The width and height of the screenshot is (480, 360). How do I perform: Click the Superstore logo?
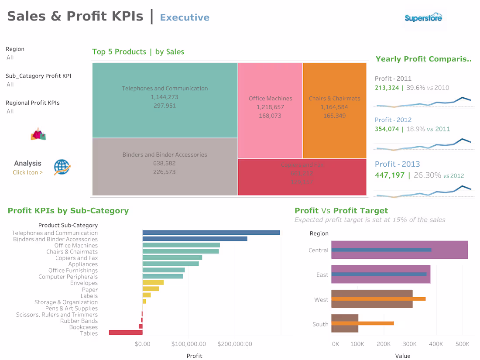click(x=423, y=18)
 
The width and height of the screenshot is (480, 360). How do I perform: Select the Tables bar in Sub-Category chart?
click(x=126, y=333)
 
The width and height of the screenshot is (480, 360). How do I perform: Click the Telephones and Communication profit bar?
click(x=211, y=233)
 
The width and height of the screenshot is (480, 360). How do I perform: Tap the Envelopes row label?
click(x=84, y=283)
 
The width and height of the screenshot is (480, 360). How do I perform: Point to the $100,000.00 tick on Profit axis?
click(x=189, y=344)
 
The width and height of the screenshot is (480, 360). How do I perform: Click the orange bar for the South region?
click(x=363, y=323)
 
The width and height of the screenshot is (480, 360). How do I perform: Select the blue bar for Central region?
click(x=381, y=250)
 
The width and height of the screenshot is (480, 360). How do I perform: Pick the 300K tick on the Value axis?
click(x=410, y=344)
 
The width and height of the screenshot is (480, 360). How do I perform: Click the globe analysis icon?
click(x=62, y=167)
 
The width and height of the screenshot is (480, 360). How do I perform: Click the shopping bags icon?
click(x=38, y=134)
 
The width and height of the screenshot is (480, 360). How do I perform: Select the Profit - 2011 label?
click(x=393, y=79)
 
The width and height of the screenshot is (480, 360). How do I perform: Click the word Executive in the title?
click(x=185, y=17)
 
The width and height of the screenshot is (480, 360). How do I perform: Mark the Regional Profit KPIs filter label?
click(x=32, y=103)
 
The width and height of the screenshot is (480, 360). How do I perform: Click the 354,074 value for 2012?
click(x=387, y=129)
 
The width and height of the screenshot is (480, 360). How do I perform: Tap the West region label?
click(x=321, y=300)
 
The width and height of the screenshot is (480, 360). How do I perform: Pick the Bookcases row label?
click(x=83, y=327)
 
